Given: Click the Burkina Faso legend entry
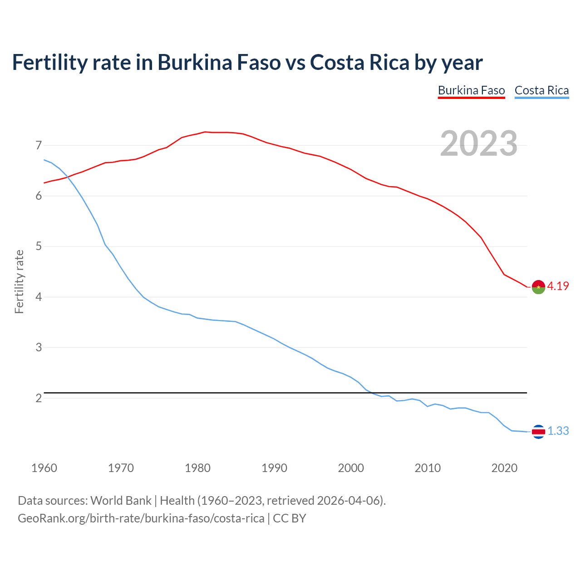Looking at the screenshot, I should (471, 90).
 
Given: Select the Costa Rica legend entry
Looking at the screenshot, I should (542, 90).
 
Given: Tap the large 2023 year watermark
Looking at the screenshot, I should (478, 143).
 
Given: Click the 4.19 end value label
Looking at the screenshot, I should (558, 286).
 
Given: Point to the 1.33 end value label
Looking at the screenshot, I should (558, 431).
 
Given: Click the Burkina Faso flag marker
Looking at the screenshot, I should (538, 287).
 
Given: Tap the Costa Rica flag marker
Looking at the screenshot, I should (538, 432).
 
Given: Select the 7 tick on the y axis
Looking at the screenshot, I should (39, 146).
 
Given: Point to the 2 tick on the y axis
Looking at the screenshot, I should (39, 399).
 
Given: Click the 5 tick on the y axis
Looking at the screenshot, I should (39, 247).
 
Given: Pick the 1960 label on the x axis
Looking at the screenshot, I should (44, 468).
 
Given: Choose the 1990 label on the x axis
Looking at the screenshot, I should (274, 468).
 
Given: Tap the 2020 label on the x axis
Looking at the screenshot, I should (504, 468).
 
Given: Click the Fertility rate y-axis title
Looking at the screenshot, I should (19, 281).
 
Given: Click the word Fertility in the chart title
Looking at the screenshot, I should (49, 62).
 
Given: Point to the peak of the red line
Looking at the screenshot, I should (205, 132).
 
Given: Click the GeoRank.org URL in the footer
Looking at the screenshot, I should (141, 518).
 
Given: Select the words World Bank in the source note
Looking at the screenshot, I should (121, 501).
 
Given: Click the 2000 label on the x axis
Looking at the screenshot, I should (351, 468).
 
